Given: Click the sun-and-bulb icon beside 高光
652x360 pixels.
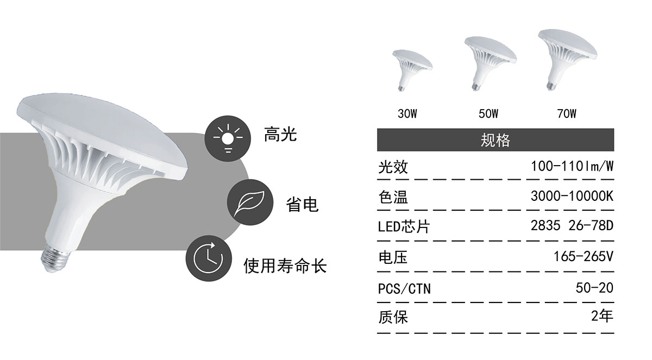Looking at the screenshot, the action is [228, 138].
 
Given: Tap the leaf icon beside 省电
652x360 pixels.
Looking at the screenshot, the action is [250, 202].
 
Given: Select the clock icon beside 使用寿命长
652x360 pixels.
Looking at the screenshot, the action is [209, 258].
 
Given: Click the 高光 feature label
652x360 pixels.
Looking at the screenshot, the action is [280, 134].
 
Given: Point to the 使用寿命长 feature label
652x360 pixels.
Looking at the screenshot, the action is [285, 266].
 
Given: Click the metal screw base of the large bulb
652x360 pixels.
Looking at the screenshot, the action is [55, 258].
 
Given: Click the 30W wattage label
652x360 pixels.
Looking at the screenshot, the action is [407, 113].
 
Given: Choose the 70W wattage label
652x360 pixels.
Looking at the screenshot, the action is [567, 113].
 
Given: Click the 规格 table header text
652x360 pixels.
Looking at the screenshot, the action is [495, 140].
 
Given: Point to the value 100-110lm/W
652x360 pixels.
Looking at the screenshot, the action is [572, 167].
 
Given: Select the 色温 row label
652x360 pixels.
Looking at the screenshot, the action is [393, 198].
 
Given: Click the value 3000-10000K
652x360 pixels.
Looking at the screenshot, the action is [572, 197].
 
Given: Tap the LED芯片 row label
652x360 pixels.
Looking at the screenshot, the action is [404, 226].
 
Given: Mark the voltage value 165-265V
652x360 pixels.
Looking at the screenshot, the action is [584, 256].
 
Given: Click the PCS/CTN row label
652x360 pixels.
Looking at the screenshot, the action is [404, 289].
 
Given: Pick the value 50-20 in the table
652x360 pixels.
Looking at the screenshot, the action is [594, 288].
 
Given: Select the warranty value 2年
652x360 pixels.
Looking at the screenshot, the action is [602, 316].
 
